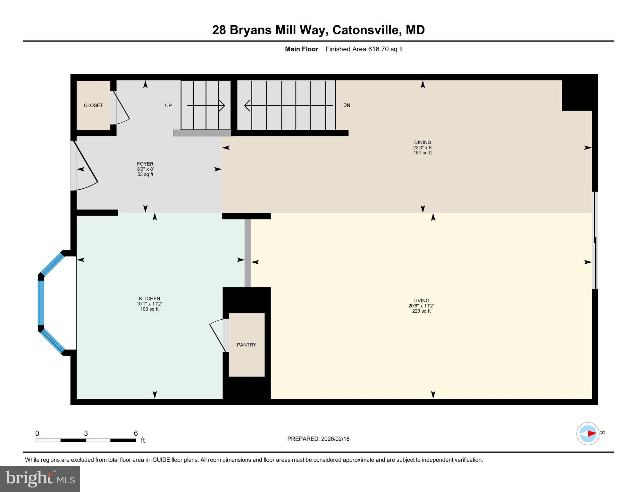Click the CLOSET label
coord(93,105)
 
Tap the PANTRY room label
coord(246,345)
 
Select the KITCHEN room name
coord(149,299)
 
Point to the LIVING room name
coord(421,300)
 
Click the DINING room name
coord(423,143)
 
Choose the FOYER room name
coord(145,164)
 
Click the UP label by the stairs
coord(168,105)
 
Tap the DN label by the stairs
coord(347,105)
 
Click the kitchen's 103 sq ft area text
coord(149,309)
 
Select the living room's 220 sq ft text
coord(421,311)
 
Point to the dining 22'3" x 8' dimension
coord(423,148)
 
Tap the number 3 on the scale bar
coord(86,433)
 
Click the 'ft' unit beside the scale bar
coord(143,440)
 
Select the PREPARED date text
coord(318,439)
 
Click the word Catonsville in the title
coord(367,30)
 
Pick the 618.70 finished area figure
coord(378,49)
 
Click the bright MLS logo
coord(40,479)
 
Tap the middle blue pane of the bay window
coord(41,303)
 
